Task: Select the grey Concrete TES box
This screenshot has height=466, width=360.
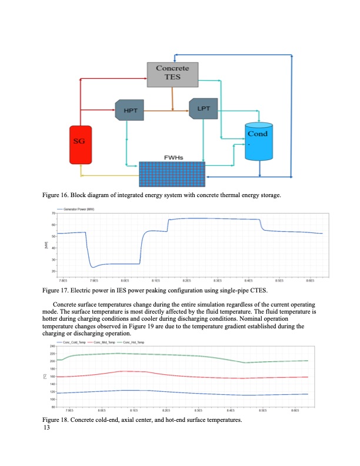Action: point(172,74)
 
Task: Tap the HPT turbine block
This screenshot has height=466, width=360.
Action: point(129,110)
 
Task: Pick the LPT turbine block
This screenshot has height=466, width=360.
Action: point(204,109)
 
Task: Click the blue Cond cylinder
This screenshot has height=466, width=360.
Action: point(259,141)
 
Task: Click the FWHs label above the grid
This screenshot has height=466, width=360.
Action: point(172,157)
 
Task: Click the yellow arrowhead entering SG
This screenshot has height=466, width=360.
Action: point(82,175)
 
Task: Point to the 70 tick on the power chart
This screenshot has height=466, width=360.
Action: point(54,212)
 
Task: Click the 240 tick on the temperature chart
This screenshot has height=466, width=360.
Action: point(52,346)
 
